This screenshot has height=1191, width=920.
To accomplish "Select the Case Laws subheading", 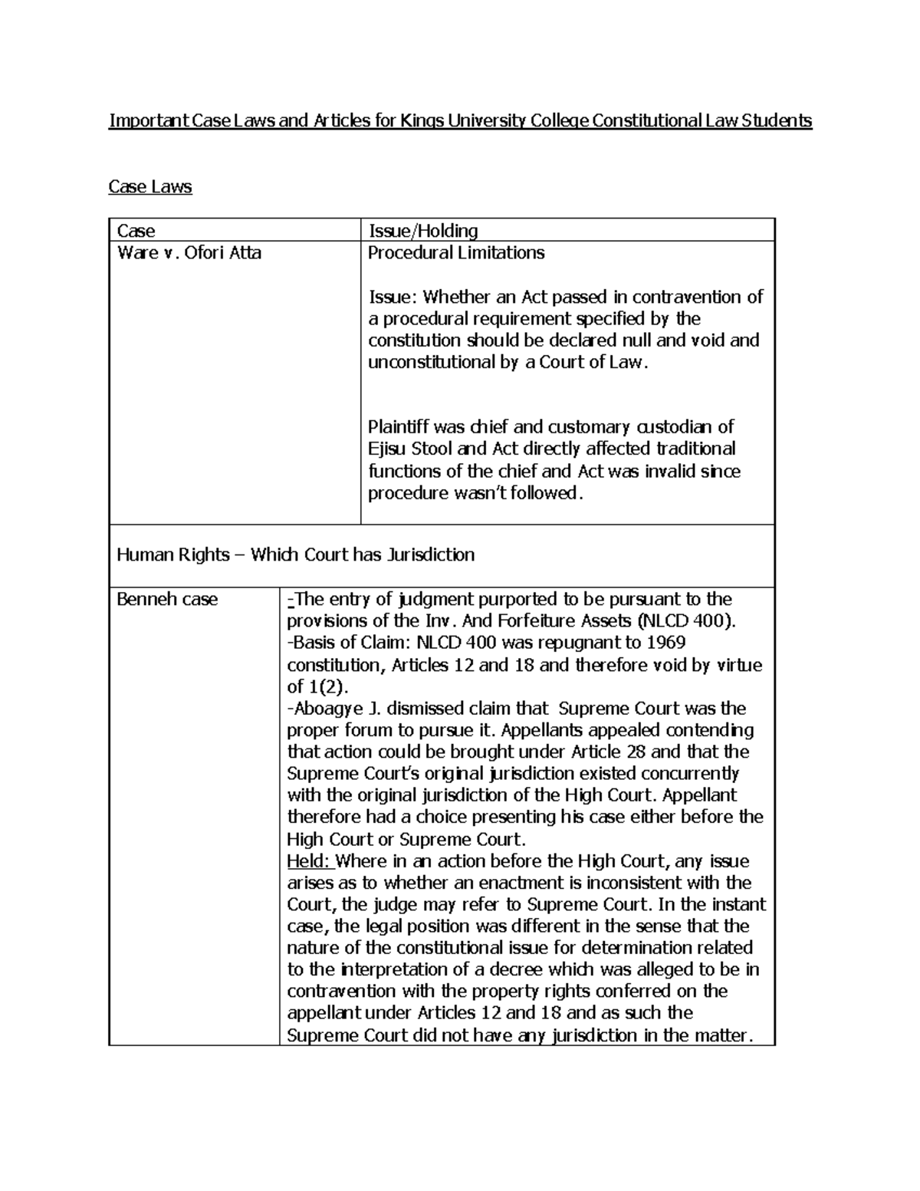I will (x=150, y=186).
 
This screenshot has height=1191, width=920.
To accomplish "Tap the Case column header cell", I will (x=136, y=231).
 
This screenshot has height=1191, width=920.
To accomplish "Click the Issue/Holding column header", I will (x=423, y=231).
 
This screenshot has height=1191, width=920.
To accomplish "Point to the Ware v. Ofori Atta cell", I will (x=189, y=253).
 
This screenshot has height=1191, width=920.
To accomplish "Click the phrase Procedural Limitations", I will (x=456, y=253).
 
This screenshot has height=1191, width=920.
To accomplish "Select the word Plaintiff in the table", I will (x=399, y=426).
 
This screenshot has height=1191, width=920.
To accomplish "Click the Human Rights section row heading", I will (x=295, y=554).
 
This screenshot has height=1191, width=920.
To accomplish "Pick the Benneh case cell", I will (x=167, y=599).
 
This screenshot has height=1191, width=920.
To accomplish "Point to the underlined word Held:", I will (x=308, y=860).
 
